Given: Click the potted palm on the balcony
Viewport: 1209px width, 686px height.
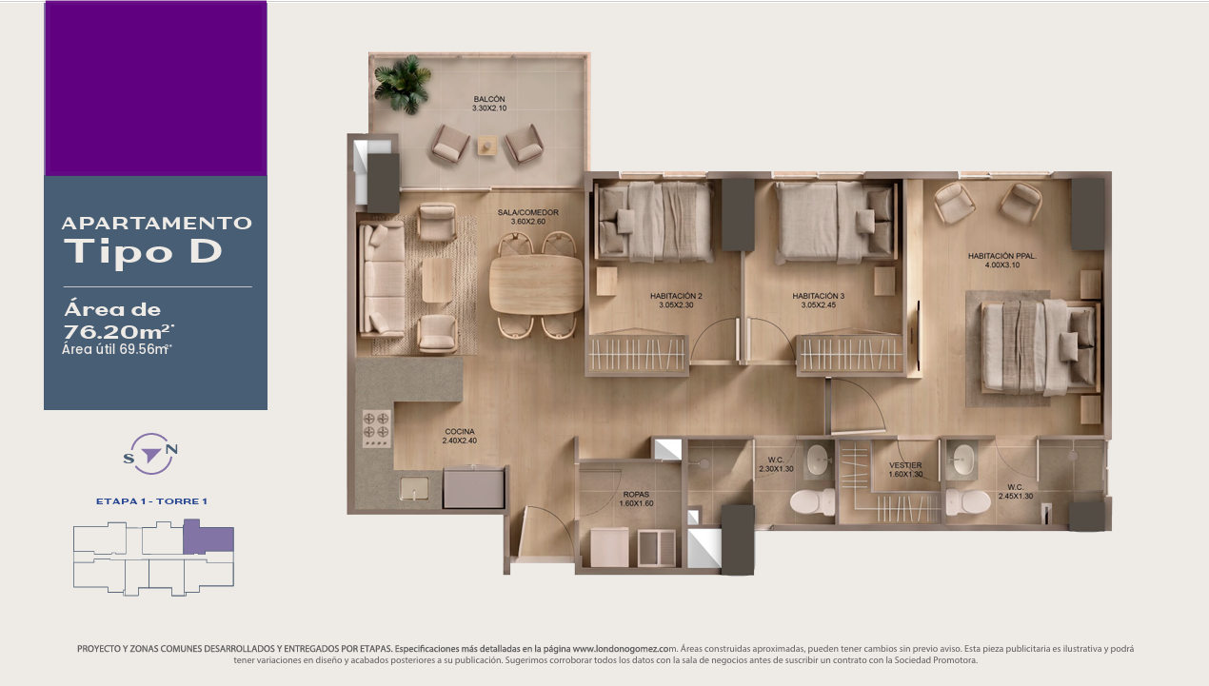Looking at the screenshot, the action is pyautogui.click(x=404, y=84).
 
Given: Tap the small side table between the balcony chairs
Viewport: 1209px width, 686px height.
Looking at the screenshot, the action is pyautogui.click(x=487, y=146).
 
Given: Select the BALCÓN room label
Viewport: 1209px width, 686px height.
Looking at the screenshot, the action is pyautogui.click(x=489, y=99).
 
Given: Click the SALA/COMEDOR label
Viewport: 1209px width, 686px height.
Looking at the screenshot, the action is pyautogui.click(x=527, y=212).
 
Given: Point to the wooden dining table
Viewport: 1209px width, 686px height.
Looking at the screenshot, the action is pyautogui.click(x=536, y=284).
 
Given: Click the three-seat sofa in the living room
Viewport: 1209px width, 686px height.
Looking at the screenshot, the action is pyautogui.click(x=383, y=280).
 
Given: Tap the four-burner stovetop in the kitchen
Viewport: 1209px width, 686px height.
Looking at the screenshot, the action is pyautogui.click(x=376, y=429).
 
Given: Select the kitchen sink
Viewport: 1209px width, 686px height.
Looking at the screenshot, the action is pyautogui.click(x=414, y=489).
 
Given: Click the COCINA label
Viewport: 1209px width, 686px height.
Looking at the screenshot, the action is pyautogui.click(x=460, y=431).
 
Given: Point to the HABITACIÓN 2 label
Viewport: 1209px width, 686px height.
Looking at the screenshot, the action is pyautogui.click(x=676, y=296).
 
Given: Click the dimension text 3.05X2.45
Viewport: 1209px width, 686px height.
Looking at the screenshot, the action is pyautogui.click(x=819, y=305).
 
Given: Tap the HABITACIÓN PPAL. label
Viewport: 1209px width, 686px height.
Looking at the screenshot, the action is pyautogui.click(x=1001, y=256).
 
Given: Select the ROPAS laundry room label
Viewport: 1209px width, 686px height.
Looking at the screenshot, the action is pyautogui.click(x=636, y=495).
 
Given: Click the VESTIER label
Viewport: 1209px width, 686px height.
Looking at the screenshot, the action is pyautogui.click(x=905, y=465).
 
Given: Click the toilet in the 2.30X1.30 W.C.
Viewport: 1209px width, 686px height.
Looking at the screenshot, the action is pyautogui.click(x=812, y=501).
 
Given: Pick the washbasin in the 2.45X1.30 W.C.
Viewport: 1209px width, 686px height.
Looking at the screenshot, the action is pyautogui.click(x=961, y=461).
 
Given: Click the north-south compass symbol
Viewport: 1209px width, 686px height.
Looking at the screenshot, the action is pyautogui.click(x=150, y=454).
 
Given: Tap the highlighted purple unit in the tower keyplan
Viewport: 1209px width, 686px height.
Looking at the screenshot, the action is pyautogui.click(x=208, y=538).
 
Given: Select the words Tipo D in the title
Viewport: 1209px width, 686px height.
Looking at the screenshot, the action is pyautogui.click(x=143, y=251).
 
